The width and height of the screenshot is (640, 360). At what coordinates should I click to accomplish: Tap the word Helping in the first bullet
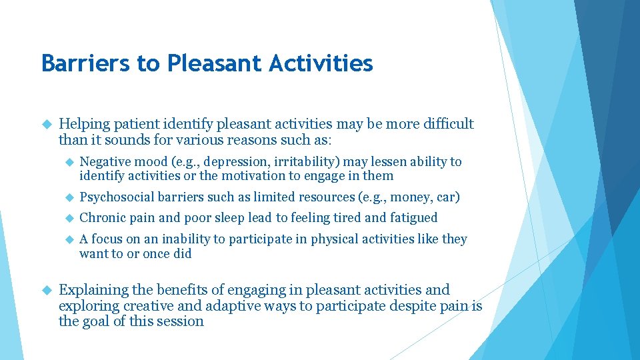85,124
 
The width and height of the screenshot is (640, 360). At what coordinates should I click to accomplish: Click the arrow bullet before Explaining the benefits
46,291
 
